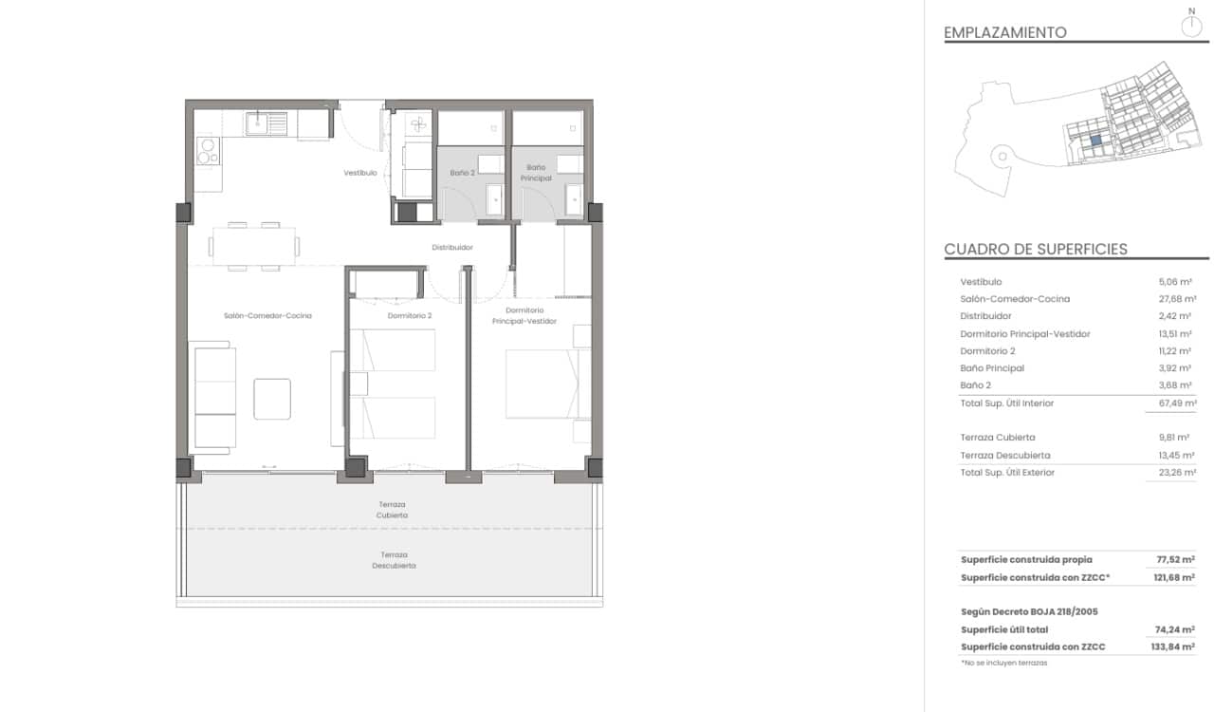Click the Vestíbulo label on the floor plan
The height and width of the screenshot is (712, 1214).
click(359, 173)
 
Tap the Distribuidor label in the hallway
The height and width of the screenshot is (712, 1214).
click(451, 247)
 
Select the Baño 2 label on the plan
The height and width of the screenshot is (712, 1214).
click(462, 173)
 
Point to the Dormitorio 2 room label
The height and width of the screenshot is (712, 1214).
click(410, 315)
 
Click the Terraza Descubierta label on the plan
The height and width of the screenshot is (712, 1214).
click(394, 560)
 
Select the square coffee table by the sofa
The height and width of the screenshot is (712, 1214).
click(272, 399)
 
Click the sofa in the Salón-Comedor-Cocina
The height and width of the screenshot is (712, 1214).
click(214, 397)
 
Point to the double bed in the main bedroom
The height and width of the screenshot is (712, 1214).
click(543, 384)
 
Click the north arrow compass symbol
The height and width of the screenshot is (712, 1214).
click(1191, 25)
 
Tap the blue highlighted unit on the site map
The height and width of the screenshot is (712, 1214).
click(1094, 140)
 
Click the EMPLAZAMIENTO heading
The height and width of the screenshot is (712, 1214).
click(1004, 32)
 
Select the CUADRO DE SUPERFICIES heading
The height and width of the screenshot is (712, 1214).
click(1036, 250)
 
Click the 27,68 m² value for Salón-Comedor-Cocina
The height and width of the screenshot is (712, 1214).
click(1170, 299)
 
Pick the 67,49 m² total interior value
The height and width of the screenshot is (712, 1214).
click(1170, 403)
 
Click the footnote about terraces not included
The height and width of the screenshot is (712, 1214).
click(1003, 663)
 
